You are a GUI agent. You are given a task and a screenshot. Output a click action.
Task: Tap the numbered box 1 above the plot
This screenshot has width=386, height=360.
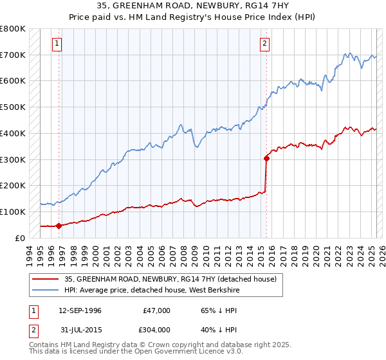click(58, 44)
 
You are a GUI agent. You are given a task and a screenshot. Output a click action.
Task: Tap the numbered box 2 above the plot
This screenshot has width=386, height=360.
click(265, 44)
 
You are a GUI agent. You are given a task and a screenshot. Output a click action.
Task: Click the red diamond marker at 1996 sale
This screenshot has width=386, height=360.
click(59, 226)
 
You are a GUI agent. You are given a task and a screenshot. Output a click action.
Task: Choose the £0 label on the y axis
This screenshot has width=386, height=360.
click(21, 238)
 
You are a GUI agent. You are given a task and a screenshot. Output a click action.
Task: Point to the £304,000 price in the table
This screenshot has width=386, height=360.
click(156, 330)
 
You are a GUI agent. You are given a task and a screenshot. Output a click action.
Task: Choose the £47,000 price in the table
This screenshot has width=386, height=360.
click(156, 310)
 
